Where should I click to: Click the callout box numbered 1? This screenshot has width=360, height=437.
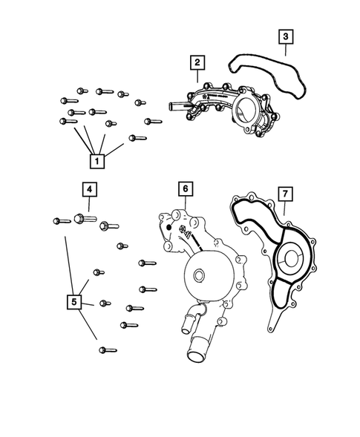(x=96, y=160)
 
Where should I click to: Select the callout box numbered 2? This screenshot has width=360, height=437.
(x=197, y=62)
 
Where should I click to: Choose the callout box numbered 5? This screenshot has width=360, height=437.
(x=74, y=302)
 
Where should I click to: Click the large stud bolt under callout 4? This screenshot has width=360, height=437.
(x=81, y=219)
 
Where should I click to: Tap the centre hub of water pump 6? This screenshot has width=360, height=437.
(x=198, y=276)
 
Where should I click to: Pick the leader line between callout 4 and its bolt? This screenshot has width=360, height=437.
(x=88, y=206)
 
